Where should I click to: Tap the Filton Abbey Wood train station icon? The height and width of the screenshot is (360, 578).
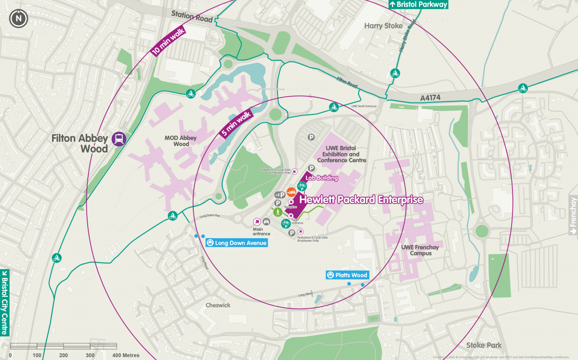(x=118, y=139)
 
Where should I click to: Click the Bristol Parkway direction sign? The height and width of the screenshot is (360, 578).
(x=418, y=4)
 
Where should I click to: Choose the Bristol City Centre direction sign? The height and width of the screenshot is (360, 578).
(x=5, y=302)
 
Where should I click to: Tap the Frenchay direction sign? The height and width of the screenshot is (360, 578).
(x=573, y=215)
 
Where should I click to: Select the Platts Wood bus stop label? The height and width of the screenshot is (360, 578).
(x=347, y=275)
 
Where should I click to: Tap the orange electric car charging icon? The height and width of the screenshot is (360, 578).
(x=291, y=192)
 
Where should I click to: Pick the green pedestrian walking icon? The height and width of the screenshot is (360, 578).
(x=277, y=212)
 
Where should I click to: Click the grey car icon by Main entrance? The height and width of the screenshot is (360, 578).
(x=265, y=221)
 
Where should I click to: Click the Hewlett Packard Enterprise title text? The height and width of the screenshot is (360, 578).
(x=361, y=199)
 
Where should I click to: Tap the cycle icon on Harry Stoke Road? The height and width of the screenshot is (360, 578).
(x=395, y=74)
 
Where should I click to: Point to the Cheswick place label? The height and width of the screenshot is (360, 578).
(x=218, y=305)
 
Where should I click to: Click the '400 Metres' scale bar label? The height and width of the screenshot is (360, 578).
(x=126, y=355)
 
